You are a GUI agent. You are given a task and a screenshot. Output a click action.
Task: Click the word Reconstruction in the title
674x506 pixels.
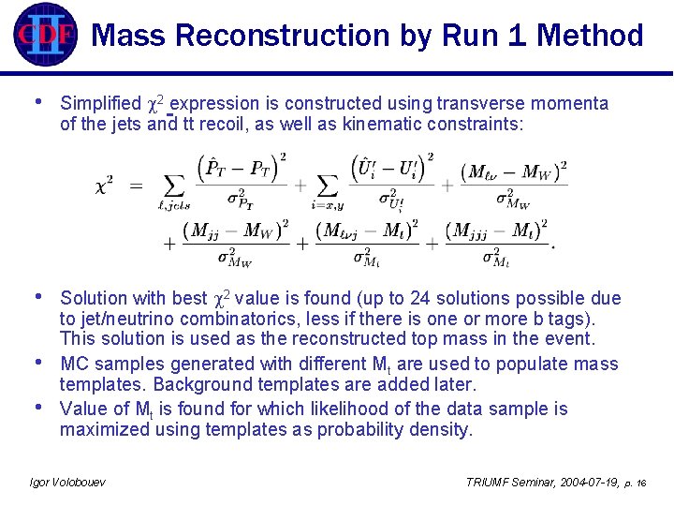click(281, 37)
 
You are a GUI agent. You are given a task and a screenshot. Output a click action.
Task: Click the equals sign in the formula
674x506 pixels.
click(136, 185)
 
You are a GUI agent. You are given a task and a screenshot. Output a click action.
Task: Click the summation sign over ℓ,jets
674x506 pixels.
click(175, 186)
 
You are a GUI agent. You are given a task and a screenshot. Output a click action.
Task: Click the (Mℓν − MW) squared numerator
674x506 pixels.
click(515, 174)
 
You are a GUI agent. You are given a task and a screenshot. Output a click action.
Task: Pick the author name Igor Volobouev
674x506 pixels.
click(68, 482)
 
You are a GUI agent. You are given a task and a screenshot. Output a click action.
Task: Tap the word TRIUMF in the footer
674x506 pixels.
click(489, 482)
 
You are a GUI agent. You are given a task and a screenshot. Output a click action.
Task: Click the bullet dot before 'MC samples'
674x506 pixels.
click(37, 362)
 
